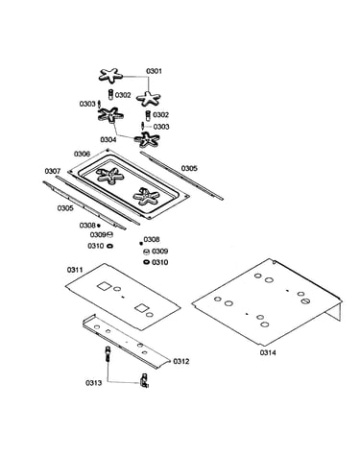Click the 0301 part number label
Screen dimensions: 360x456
click(x=154, y=71)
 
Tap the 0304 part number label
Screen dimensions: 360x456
click(x=108, y=140)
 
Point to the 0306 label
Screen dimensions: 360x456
click(x=82, y=154)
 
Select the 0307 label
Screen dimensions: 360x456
click(x=53, y=171)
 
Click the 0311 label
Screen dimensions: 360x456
click(x=75, y=270)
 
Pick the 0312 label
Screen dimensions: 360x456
click(x=181, y=361)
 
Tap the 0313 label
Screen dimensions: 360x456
click(x=93, y=383)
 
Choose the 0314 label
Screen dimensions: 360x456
click(x=268, y=352)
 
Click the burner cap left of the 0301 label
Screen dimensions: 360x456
click(x=110, y=76)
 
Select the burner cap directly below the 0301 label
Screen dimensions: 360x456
click(x=148, y=98)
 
